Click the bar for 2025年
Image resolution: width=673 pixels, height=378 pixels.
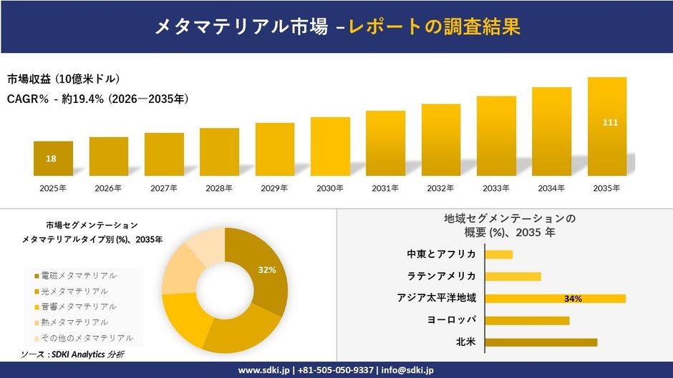[53, 159]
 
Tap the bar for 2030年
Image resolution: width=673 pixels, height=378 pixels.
[330, 146]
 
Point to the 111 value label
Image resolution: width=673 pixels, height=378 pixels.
[610, 123]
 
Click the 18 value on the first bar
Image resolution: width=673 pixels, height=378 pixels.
[51, 159]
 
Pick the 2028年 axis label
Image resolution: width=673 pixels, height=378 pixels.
[219, 189]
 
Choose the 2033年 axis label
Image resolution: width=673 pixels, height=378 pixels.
[496, 189]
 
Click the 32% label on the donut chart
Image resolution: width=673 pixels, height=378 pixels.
[267, 269]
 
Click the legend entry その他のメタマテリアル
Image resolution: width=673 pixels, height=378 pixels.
[82, 338]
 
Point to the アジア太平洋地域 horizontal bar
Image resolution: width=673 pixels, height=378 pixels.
[555, 299]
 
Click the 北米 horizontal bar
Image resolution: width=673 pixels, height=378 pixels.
[541, 342]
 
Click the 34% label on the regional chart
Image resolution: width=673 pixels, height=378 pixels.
[573, 299]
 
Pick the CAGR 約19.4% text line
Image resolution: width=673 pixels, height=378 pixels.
[98, 99]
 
